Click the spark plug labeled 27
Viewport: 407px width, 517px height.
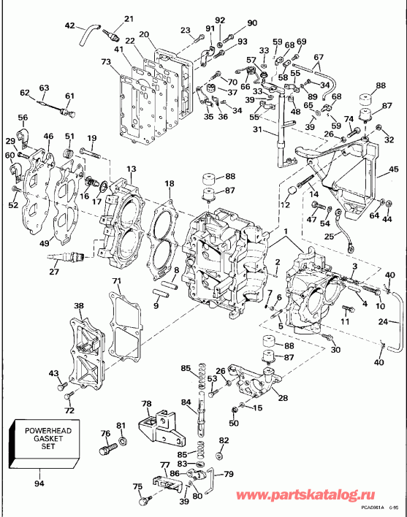point(67,256)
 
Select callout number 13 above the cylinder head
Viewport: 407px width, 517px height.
point(131,169)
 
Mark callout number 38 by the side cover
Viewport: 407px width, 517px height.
point(78,306)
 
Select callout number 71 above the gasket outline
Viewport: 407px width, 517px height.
point(116,281)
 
